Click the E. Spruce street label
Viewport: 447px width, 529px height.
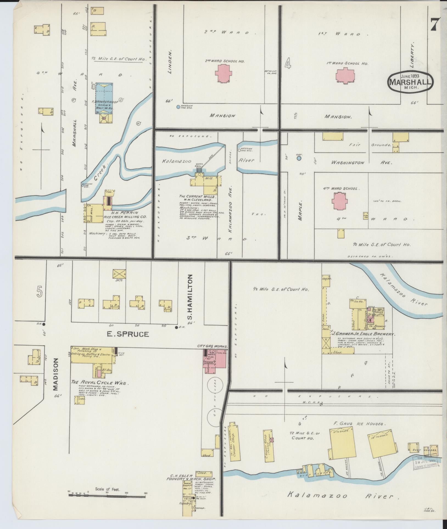128,334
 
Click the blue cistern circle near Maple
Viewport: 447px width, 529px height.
299,158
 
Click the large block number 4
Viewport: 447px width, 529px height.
287,64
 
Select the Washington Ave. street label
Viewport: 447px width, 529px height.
361,163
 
